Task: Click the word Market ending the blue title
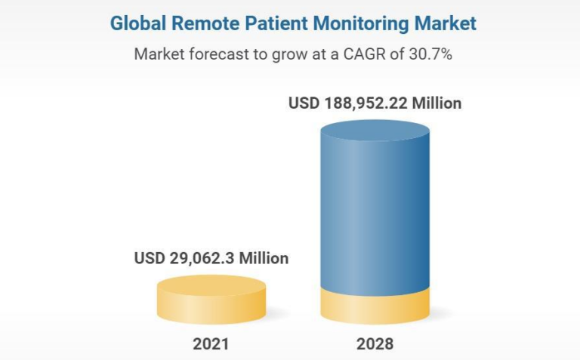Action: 446,23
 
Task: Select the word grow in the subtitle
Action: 282,54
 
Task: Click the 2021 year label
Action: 211,345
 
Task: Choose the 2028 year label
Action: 375,345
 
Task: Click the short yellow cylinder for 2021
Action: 211,302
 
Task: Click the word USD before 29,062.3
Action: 149,258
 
